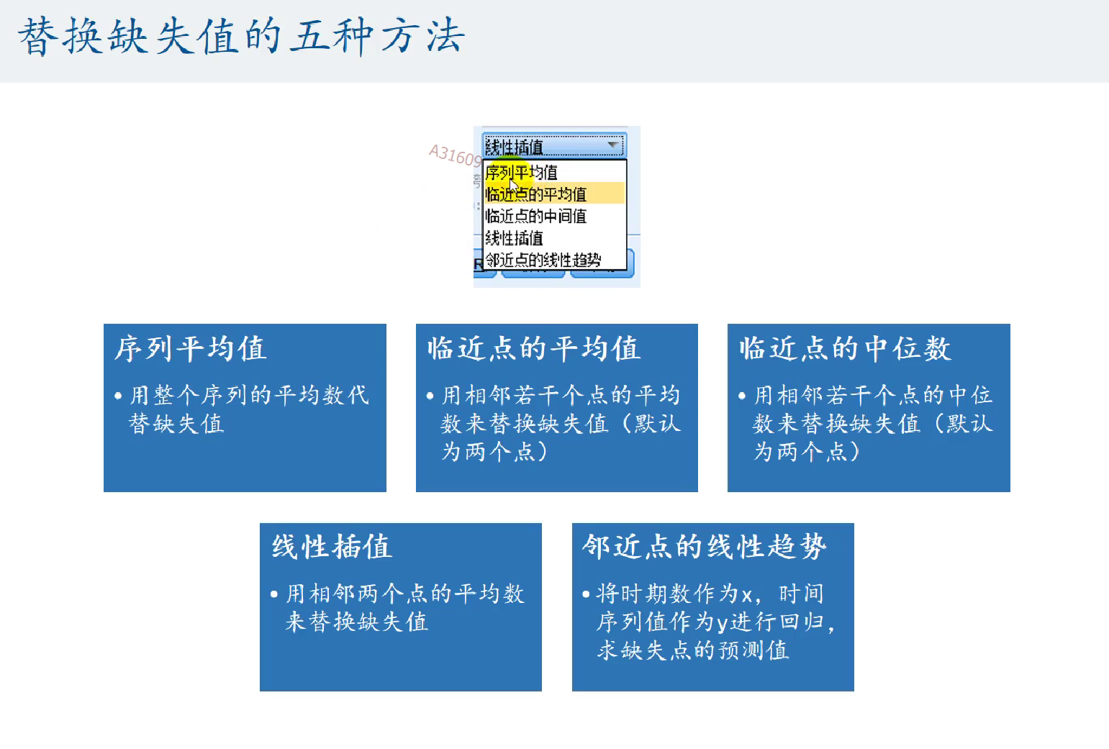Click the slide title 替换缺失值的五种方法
click(x=242, y=37)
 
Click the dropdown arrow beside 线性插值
click(x=613, y=145)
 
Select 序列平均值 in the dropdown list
click(x=521, y=172)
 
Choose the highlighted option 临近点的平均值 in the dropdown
click(x=535, y=194)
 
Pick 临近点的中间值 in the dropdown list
click(x=535, y=216)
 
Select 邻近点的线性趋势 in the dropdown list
click(x=543, y=260)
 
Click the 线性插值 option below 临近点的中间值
click(x=515, y=238)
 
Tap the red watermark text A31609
click(x=456, y=155)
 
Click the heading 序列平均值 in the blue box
click(x=191, y=348)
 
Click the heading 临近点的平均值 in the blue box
click(x=534, y=348)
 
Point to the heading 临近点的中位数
click(x=845, y=348)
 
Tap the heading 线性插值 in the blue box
click(x=332, y=547)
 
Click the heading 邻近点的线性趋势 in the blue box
click(x=705, y=547)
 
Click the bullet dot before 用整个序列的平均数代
click(x=118, y=396)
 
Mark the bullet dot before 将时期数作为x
click(x=587, y=594)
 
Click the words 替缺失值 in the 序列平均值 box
click(x=176, y=424)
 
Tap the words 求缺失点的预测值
click(x=692, y=650)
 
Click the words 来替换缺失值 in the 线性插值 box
click(x=356, y=622)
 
